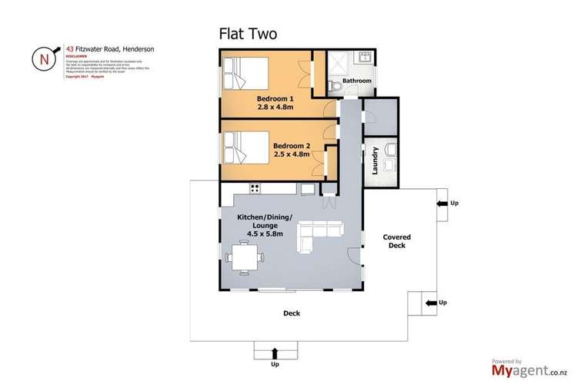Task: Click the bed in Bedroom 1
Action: click(245, 75)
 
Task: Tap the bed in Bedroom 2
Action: click(243, 146)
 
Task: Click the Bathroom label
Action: click(357, 81)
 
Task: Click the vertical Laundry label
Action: click(375, 161)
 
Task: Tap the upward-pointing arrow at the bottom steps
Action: click(275, 353)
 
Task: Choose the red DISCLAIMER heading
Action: click(74, 55)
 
